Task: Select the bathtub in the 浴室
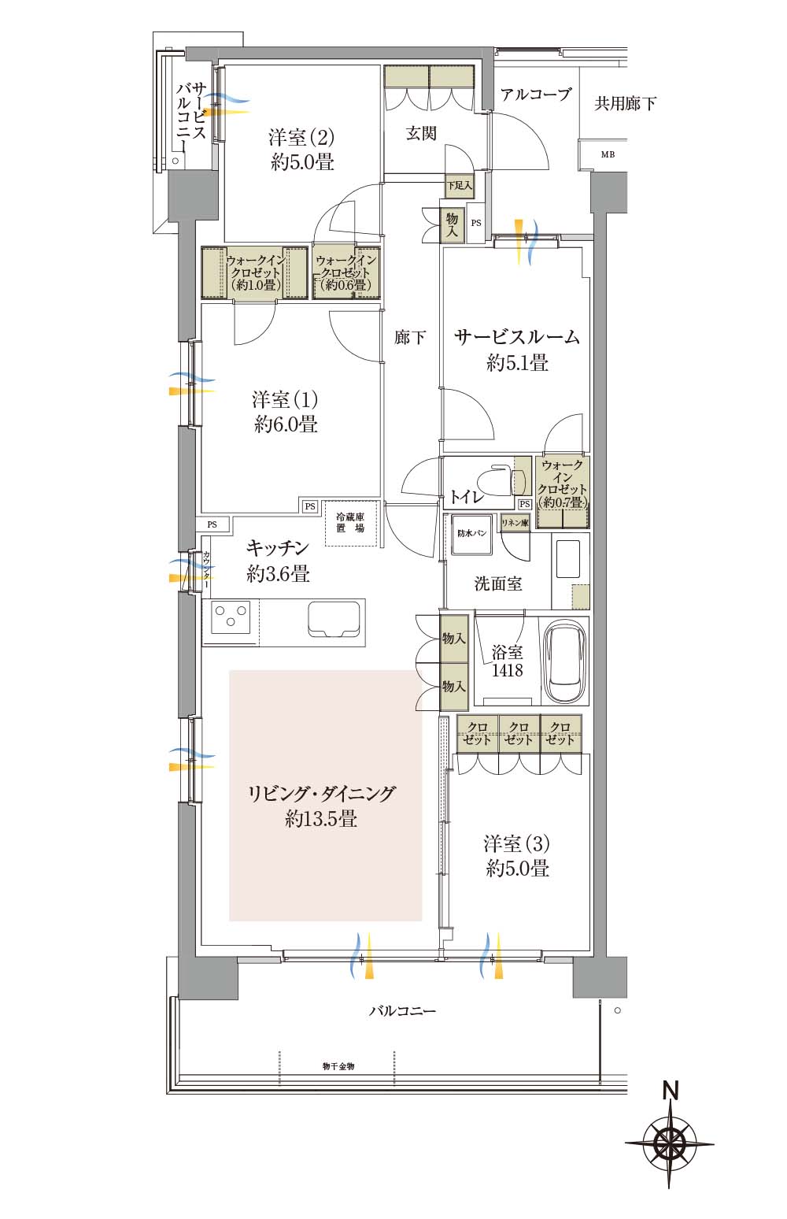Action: tap(566, 661)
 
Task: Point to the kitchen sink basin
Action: tap(334, 619)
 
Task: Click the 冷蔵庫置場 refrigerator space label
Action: tap(349, 522)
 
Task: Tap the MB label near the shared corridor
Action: tap(608, 154)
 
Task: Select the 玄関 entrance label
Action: tap(421, 133)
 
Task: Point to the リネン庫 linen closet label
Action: tap(515, 523)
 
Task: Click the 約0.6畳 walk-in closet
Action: tap(346, 272)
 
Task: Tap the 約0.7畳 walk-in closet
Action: tap(563, 492)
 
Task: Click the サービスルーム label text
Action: tap(517, 337)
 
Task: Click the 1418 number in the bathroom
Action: tap(507, 671)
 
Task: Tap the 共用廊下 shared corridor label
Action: tap(625, 103)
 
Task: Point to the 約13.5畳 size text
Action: tap(321, 818)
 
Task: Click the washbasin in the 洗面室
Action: tap(570, 560)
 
